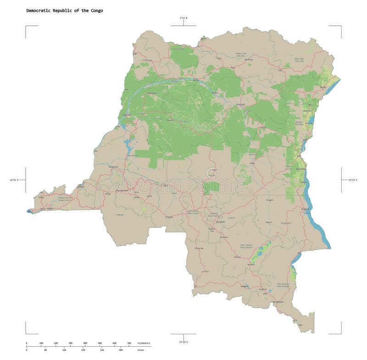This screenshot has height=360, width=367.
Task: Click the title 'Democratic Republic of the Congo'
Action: pos(64,11)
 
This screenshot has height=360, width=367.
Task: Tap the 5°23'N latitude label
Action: pos(183,18)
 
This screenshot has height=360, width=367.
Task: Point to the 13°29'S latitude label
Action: pos(183,342)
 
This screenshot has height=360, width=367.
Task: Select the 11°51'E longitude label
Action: pos(14,180)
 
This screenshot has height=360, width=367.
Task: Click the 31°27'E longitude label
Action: pos(348,180)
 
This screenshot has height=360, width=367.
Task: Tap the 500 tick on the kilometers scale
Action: pos(100,343)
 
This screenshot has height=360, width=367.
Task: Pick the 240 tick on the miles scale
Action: pos(83,350)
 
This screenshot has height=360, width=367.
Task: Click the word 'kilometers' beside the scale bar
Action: pos(144,343)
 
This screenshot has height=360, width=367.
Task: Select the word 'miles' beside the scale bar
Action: pos(140,350)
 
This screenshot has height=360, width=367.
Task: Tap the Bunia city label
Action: pos(323,87)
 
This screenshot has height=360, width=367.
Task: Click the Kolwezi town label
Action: pos(245,286)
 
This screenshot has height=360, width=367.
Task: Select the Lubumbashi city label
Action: pos(277,302)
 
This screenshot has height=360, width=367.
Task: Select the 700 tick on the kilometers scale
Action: pos(129,343)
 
